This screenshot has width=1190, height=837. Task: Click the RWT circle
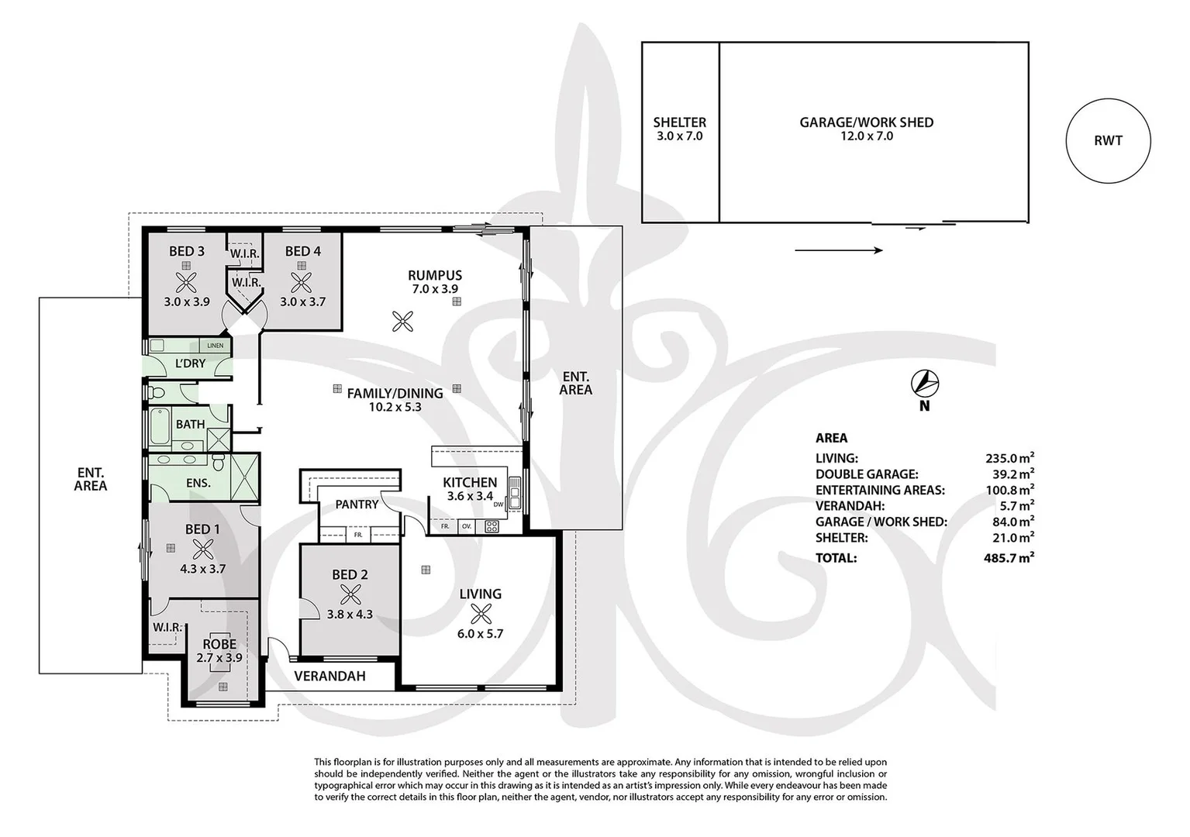click(1108, 141)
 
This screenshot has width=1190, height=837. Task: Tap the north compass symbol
click(924, 383)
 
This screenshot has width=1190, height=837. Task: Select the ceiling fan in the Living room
click(481, 614)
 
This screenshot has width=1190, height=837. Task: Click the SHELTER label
click(679, 122)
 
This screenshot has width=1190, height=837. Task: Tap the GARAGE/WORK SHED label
click(866, 122)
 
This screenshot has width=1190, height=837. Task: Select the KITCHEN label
click(470, 482)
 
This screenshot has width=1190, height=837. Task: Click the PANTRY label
click(357, 505)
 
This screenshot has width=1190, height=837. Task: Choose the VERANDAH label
click(329, 676)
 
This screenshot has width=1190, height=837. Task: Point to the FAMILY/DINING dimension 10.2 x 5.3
click(395, 407)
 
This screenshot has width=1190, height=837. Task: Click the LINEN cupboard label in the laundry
click(215, 346)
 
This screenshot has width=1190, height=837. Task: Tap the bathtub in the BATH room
click(158, 423)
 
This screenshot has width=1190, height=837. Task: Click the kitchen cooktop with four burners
click(492, 527)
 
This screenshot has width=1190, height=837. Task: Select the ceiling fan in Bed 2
click(350, 594)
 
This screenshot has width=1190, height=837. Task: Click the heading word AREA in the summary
click(831, 438)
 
